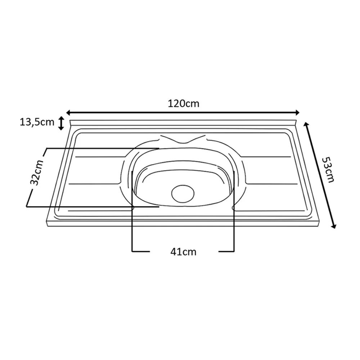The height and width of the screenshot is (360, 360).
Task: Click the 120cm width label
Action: click(x=184, y=104)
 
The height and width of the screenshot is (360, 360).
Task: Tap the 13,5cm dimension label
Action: click(x=37, y=122)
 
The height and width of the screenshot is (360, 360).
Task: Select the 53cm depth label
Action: click(x=328, y=170)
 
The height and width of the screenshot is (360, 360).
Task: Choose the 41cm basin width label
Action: click(x=184, y=252)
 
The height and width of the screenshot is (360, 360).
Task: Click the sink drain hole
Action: click(x=183, y=194)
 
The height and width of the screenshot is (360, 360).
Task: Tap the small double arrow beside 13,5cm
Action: click(x=61, y=123)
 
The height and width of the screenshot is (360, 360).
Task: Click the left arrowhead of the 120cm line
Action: click(x=68, y=112)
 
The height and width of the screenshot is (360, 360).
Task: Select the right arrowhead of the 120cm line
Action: click(x=297, y=112)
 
